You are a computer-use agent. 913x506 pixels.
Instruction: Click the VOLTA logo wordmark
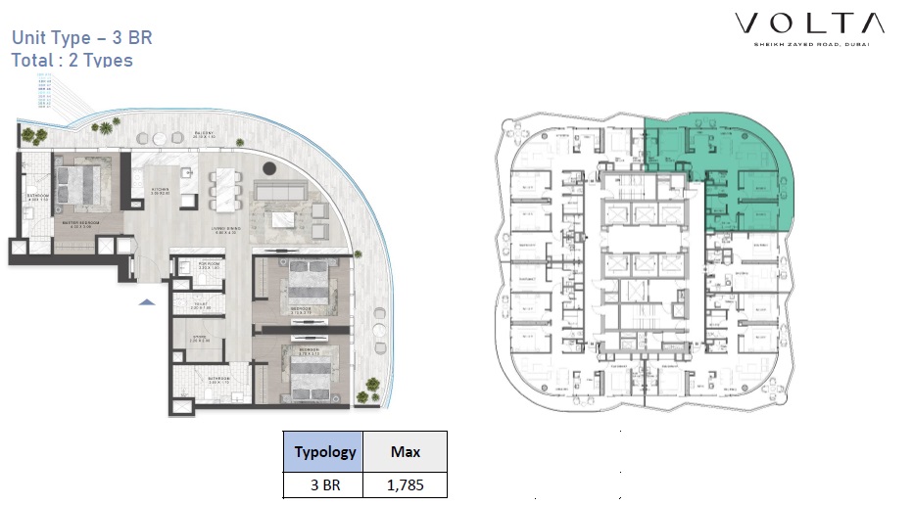(x=810, y=24)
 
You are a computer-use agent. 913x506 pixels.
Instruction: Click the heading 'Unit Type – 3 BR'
(x=81, y=38)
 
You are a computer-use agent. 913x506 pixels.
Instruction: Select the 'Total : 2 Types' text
(x=72, y=60)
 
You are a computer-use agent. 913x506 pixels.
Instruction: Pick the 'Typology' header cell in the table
(x=324, y=451)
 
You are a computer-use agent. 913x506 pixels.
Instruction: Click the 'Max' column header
(x=406, y=451)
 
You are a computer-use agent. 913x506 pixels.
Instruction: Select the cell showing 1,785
(x=406, y=484)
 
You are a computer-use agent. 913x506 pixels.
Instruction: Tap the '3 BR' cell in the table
(x=324, y=484)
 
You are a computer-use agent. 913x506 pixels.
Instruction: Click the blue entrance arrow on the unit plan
(x=146, y=302)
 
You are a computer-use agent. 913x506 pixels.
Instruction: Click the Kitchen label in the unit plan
(x=161, y=191)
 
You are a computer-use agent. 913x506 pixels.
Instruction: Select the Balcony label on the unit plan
(x=205, y=136)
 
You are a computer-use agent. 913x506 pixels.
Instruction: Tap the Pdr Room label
(x=209, y=265)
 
